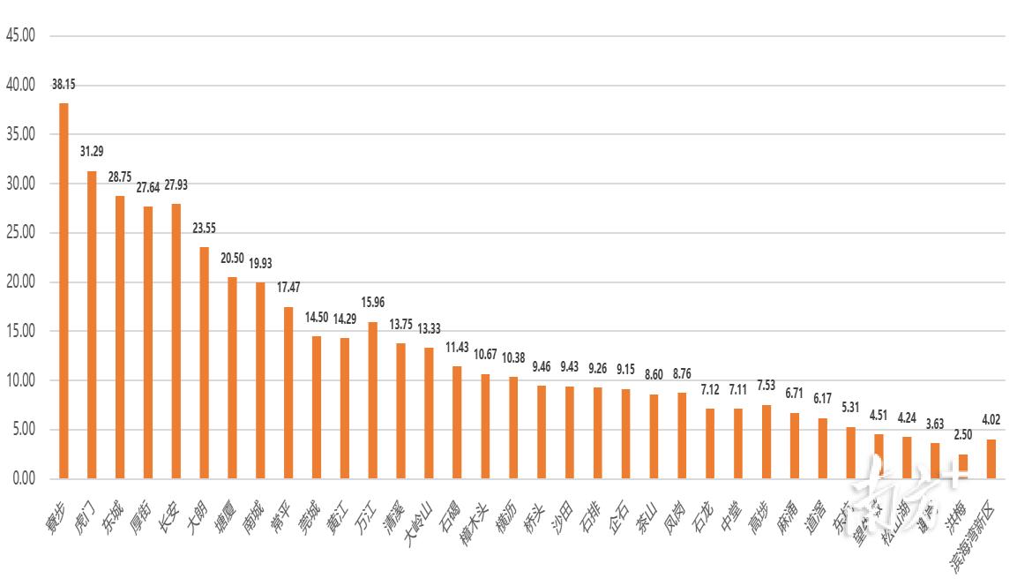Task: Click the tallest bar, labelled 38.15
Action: point(64,291)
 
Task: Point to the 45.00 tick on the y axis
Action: point(19,36)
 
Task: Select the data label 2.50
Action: point(962,436)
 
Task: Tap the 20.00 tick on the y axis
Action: point(19,282)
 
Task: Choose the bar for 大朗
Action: point(204,363)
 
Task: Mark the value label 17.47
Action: point(288,288)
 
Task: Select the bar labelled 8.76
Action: point(682,436)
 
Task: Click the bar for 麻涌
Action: point(795,446)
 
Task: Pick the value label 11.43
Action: point(457,348)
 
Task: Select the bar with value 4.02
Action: point(991,459)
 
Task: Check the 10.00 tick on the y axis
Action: point(19,380)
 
